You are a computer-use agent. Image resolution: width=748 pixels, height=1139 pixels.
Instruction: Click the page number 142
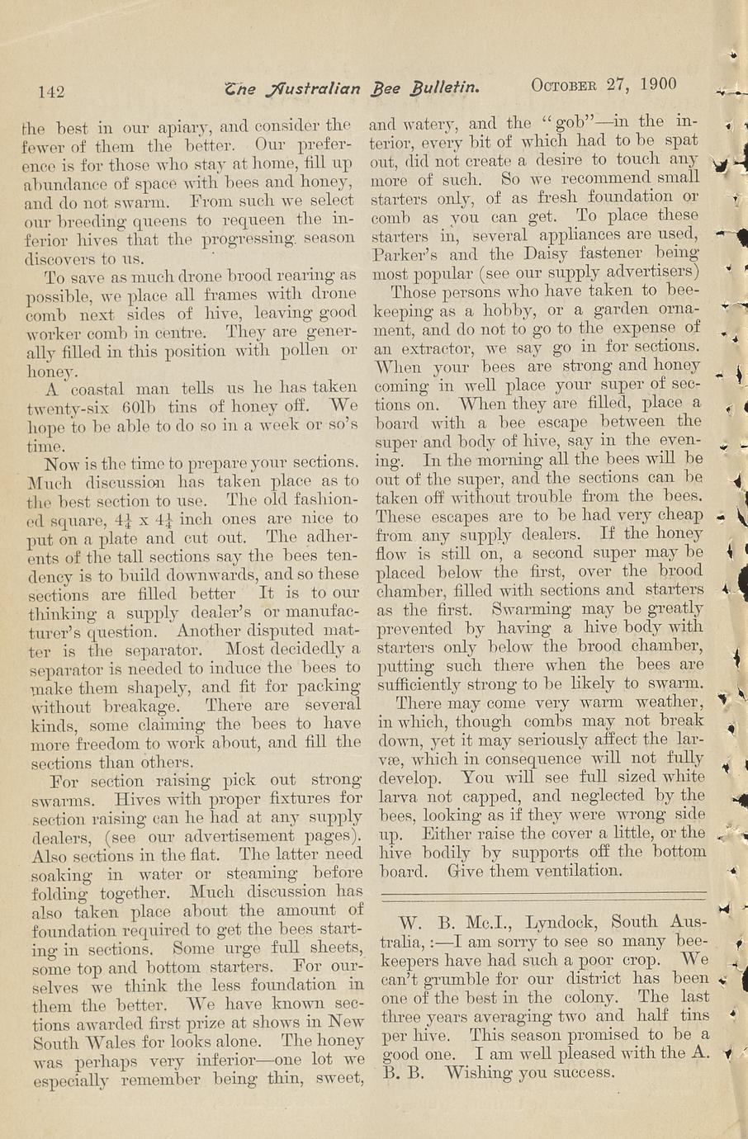(x=51, y=91)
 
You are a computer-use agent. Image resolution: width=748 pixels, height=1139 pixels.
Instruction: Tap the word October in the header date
(x=569, y=84)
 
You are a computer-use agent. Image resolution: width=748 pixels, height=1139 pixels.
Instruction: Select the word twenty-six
(x=71, y=408)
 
